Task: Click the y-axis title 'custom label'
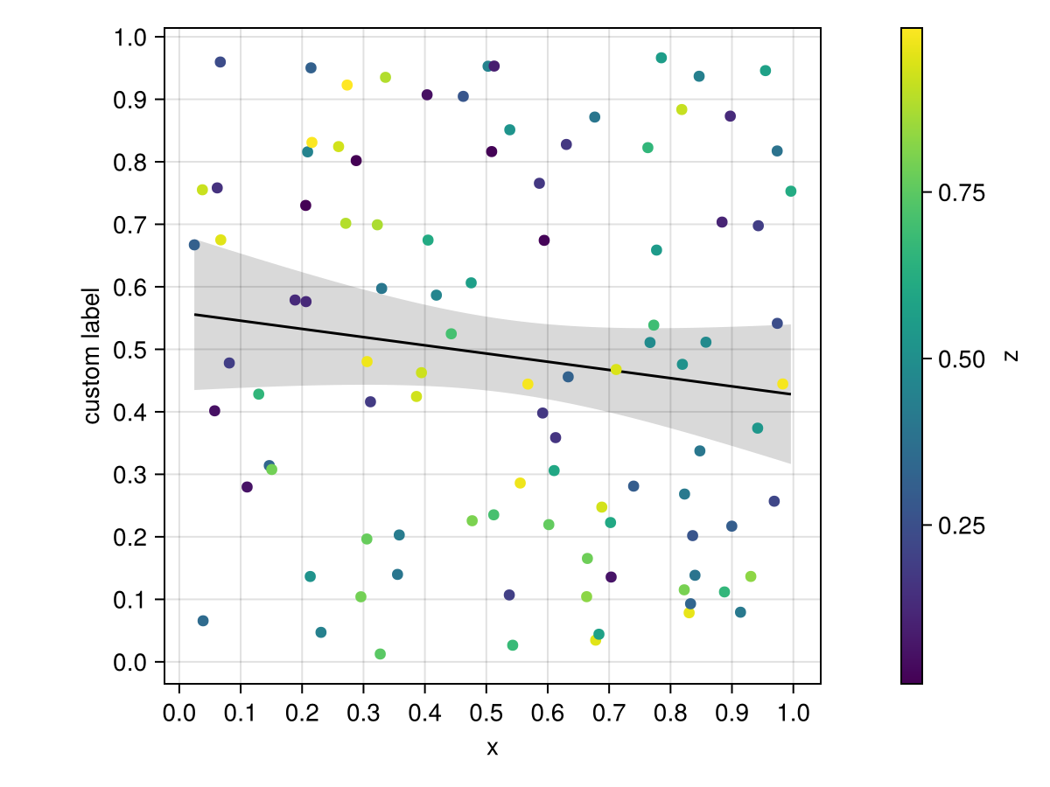[x=93, y=355]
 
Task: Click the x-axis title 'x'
[x=493, y=748]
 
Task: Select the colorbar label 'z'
[x=1012, y=355]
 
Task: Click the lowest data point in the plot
[x=380, y=654]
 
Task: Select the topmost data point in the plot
[x=661, y=58]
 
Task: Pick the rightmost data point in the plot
[x=791, y=192]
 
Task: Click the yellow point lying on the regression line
[x=616, y=370]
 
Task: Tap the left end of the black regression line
[x=194, y=314]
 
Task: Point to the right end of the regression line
[x=791, y=394]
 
